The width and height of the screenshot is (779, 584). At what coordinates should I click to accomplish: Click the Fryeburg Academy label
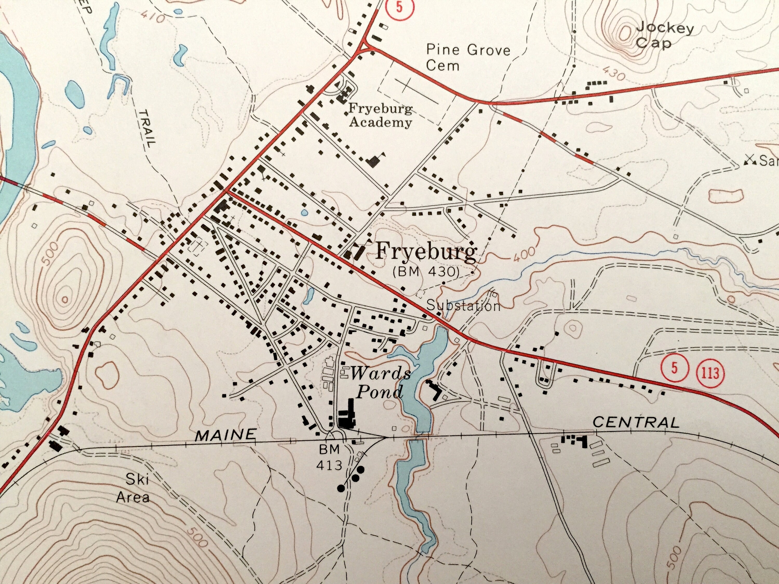point(380,116)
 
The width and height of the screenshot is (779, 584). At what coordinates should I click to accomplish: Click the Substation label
point(463,305)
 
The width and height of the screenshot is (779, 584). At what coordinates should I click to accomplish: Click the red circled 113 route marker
point(710,372)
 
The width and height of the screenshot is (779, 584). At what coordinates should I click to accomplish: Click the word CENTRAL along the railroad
point(636,422)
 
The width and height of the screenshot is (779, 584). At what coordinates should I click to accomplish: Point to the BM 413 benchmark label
point(329,457)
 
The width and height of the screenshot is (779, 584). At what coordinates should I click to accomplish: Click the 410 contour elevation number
point(154,17)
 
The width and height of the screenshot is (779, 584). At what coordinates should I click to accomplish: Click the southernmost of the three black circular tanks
point(340,488)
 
